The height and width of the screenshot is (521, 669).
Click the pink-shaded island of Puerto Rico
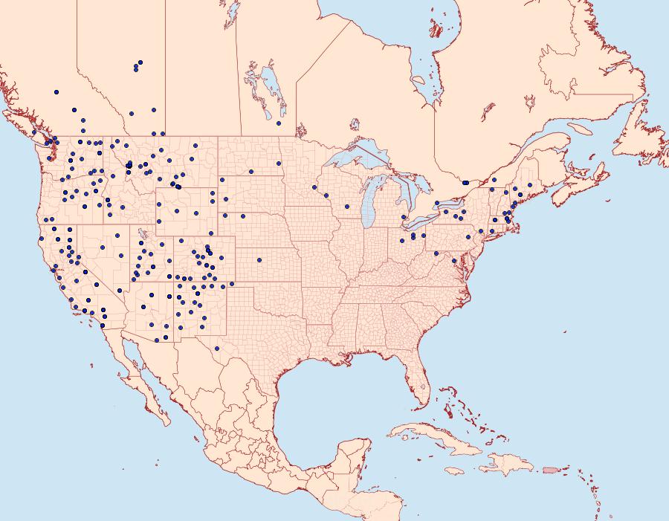click(550, 469)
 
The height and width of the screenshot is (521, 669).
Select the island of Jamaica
click(454, 470)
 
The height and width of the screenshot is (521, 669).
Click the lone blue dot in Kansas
click(259, 260)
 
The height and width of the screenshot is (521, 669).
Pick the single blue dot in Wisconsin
click(346, 207)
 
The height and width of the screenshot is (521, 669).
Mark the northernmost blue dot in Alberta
click(140, 62)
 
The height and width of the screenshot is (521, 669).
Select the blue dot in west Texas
click(216, 348)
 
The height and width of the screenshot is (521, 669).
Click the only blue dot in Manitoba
click(279, 123)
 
